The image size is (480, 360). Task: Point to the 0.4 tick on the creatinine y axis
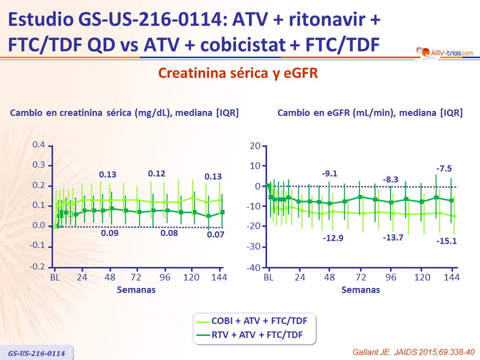(x=38, y=145)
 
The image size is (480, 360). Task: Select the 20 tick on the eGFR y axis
(x=254, y=145)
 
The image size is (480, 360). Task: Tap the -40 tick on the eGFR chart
(x=253, y=267)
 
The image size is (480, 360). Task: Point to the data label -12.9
(x=334, y=238)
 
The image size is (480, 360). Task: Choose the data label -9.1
(x=329, y=174)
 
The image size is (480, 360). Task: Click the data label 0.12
(x=157, y=174)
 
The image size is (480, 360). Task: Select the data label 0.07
(x=216, y=235)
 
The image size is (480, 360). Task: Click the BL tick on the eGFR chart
(x=269, y=278)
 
